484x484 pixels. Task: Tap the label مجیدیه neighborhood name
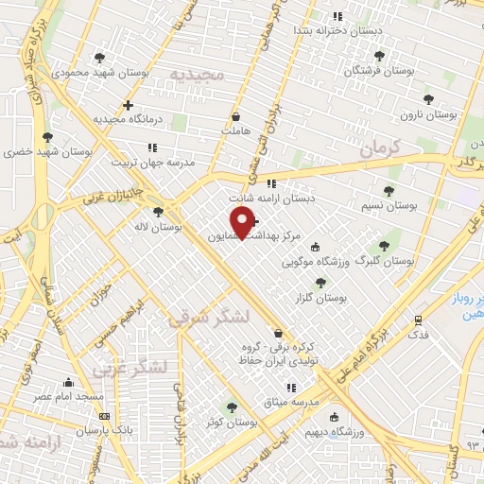(197, 74)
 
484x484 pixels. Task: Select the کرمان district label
(381, 147)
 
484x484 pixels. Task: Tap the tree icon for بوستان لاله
(157, 213)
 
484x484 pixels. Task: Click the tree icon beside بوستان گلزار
(320, 282)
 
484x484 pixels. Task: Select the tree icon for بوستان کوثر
(232, 407)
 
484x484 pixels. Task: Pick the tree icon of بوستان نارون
(428, 98)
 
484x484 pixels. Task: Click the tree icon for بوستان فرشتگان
(379, 56)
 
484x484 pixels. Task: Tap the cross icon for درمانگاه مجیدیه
(128, 105)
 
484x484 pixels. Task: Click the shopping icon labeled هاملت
(234, 117)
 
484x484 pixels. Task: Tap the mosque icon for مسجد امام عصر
(67, 382)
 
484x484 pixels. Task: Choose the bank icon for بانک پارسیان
(103, 416)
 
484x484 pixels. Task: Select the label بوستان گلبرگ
(385, 260)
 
